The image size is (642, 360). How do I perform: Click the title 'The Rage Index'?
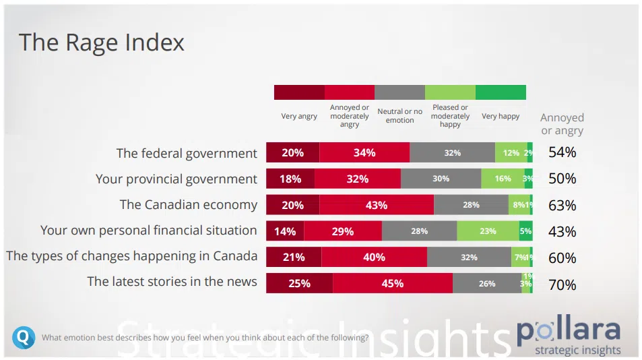pos(102,42)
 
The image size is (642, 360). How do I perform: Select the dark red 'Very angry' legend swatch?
pos(299,92)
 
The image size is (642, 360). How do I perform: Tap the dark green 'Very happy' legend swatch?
pos(501,92)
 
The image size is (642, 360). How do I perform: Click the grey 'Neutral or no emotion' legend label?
pos(399,116)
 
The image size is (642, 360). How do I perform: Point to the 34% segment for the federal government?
pos(364,153)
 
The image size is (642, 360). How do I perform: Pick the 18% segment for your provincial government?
pos(291,179)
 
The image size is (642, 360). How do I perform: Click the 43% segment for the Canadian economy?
pos(377,206)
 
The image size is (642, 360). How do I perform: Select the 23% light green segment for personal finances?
pos(488,231)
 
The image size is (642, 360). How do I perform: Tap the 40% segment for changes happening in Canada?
pos(374,258)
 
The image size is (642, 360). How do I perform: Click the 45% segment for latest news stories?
pos(392,284)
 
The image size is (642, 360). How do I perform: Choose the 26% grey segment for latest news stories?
pos(487,284)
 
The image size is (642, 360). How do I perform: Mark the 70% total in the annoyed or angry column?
pos(562,284)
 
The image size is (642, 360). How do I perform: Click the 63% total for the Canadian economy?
pos(562,206)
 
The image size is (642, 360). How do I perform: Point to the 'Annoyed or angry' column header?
pos(562,124)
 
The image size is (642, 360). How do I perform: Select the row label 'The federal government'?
pos(187,153)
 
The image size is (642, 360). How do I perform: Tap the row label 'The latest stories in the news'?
pos(172,282)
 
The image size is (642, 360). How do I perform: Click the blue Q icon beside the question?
pos(23,337)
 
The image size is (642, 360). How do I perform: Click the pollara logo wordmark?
pos(569,330)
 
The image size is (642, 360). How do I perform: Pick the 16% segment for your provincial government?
pos(503,179)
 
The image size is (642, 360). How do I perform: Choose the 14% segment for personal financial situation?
pos(285,231)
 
